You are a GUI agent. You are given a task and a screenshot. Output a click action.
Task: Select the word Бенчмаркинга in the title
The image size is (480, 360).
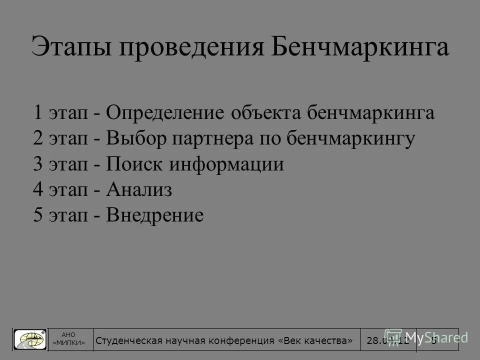coord(359,48)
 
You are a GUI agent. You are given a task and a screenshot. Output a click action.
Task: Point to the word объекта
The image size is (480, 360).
coord(263,113)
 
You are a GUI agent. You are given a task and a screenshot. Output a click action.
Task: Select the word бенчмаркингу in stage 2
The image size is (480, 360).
coord(351,138)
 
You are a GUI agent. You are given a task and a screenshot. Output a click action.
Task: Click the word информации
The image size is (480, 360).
coord(225,164)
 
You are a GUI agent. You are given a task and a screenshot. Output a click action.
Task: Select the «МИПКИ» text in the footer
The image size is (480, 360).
coord(69,343)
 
